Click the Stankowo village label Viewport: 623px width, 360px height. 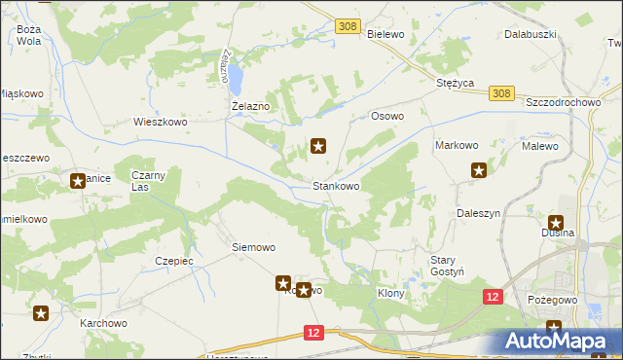coord(336,185)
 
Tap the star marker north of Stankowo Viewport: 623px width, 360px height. coord(318,147)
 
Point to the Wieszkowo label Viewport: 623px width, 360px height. coord(160,123)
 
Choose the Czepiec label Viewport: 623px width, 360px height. coord(175,261)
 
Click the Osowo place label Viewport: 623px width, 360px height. coord(386,115)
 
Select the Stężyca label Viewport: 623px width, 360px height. coord(455,84)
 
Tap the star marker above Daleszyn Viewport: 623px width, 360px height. coord(479,172)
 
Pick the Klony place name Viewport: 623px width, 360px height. coord(390,291)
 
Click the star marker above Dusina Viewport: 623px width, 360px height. coord(556,223)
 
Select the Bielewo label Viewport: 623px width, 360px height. coord(386,33)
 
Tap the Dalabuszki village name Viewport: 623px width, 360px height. coord(530,33)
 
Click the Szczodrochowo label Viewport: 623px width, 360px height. coord(565,102)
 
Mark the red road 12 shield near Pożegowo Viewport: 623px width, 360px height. coord(493,296)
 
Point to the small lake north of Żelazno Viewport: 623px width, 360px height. coord(236,71)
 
